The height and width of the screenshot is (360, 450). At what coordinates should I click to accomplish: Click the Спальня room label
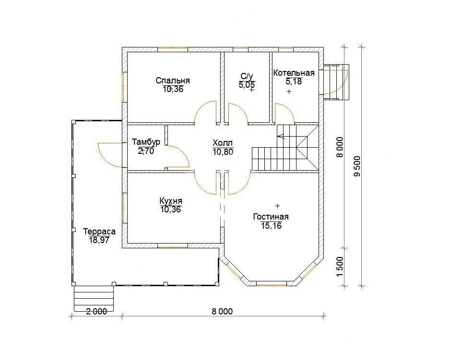coord(173,81)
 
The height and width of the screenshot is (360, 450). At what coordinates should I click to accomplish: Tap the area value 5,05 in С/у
coord(247,85)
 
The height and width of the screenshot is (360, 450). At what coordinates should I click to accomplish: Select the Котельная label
coord(294,73)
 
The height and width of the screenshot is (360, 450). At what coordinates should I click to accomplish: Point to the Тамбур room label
coord(146,142)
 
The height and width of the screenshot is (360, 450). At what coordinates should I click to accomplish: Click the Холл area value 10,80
coord(223,152)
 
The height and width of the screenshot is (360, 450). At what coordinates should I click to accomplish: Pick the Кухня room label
coord(171,201)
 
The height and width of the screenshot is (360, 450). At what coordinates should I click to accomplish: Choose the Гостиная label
coord(271,217)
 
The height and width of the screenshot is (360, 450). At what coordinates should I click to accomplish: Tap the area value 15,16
coord(272,225)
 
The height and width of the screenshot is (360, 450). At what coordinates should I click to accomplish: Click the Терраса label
coord(99,231)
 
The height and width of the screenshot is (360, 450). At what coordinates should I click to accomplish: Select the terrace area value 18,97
coord(99,240)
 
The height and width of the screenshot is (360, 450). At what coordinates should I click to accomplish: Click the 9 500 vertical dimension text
coord(357,166)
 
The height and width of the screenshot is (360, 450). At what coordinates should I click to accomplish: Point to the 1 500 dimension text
coord(340,267)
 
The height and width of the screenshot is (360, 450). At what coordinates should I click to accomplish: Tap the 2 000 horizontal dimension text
coord(96,311)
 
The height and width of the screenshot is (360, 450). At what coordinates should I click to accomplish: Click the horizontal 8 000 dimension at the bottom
coord(223,311)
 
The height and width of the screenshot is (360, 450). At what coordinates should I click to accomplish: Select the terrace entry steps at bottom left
coord(94,299)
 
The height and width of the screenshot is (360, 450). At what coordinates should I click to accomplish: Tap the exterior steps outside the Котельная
coord(336,82)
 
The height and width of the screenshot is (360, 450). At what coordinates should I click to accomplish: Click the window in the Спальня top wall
coord(173,47)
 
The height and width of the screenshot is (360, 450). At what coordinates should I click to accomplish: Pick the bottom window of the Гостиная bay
coord(271,285)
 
